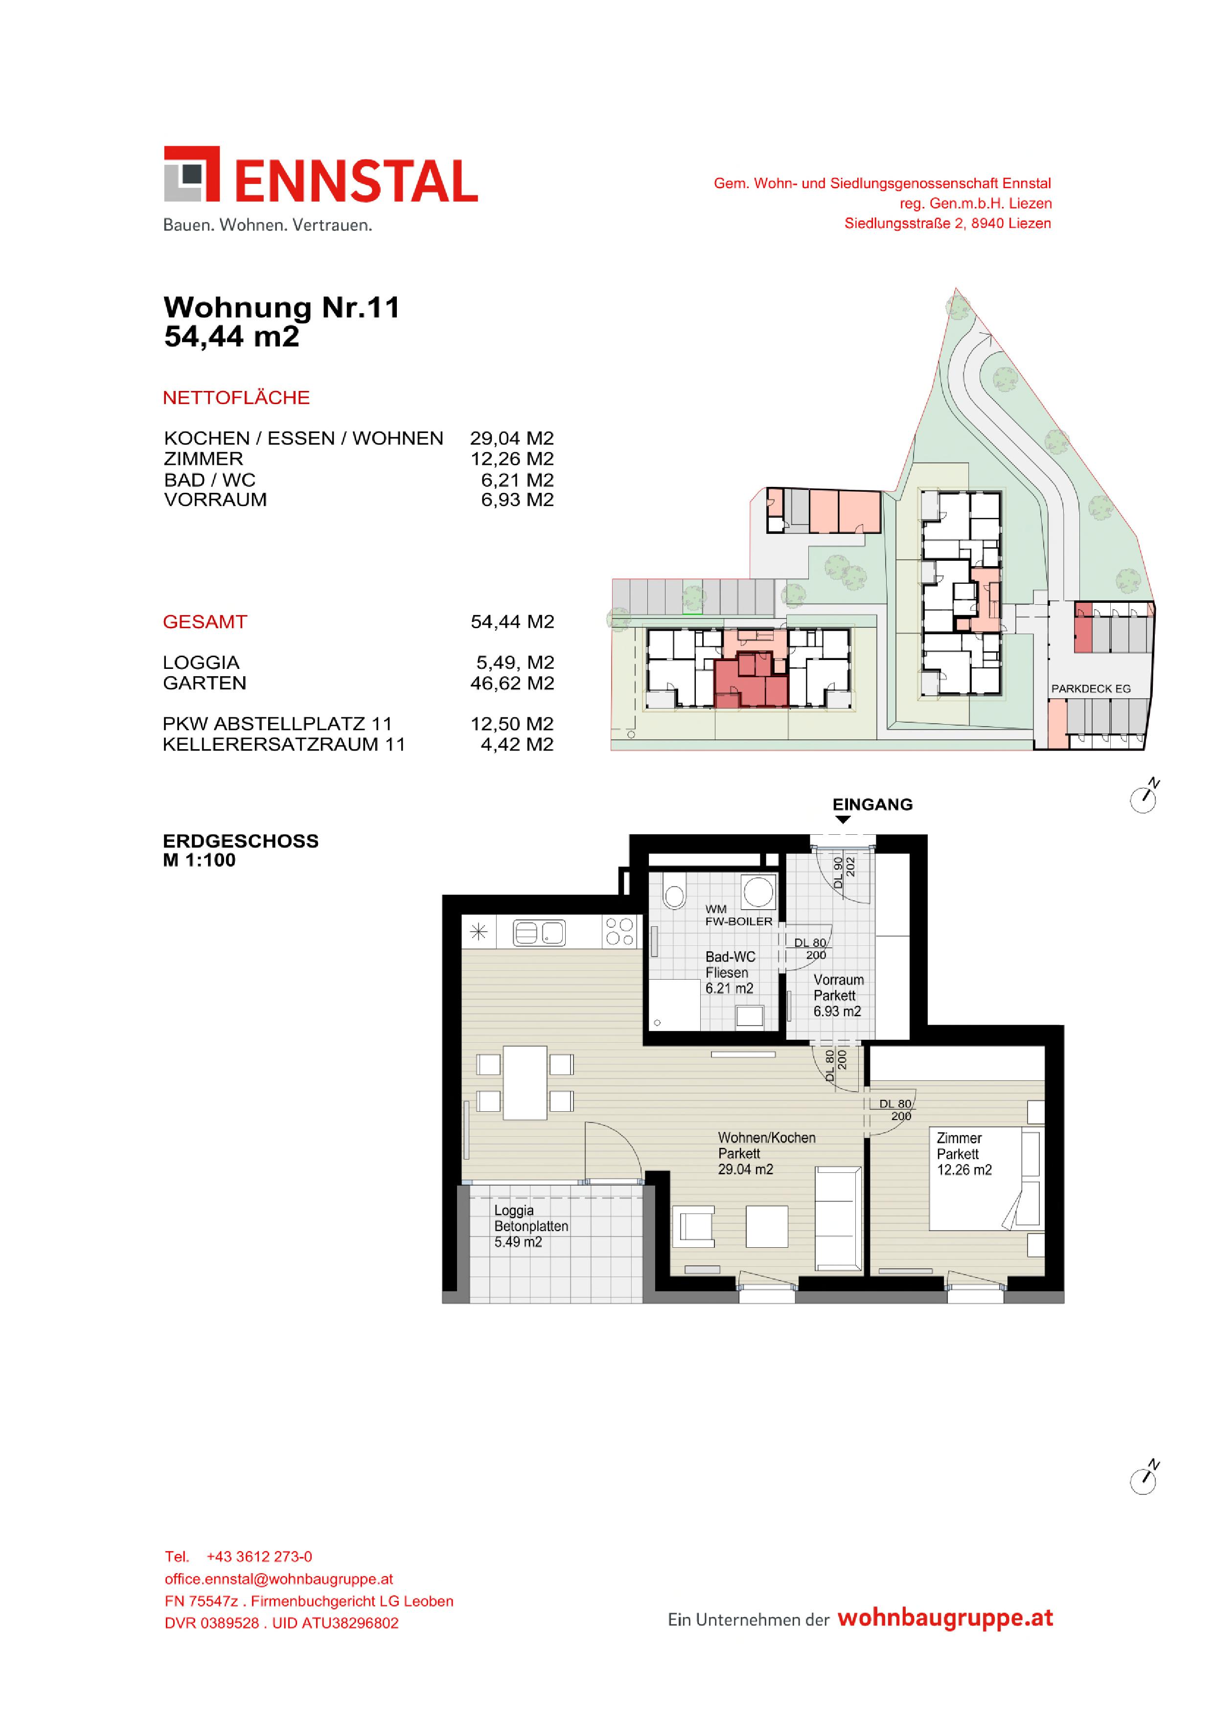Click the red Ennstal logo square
point(191,174)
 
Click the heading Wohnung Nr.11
point(281,307)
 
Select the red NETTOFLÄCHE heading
point(236,398)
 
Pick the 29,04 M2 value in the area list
point(512,438)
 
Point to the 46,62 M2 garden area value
point(512,683)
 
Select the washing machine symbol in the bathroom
point(758,892)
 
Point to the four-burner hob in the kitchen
point(620,932)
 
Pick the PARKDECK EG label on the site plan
point(1091,689)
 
